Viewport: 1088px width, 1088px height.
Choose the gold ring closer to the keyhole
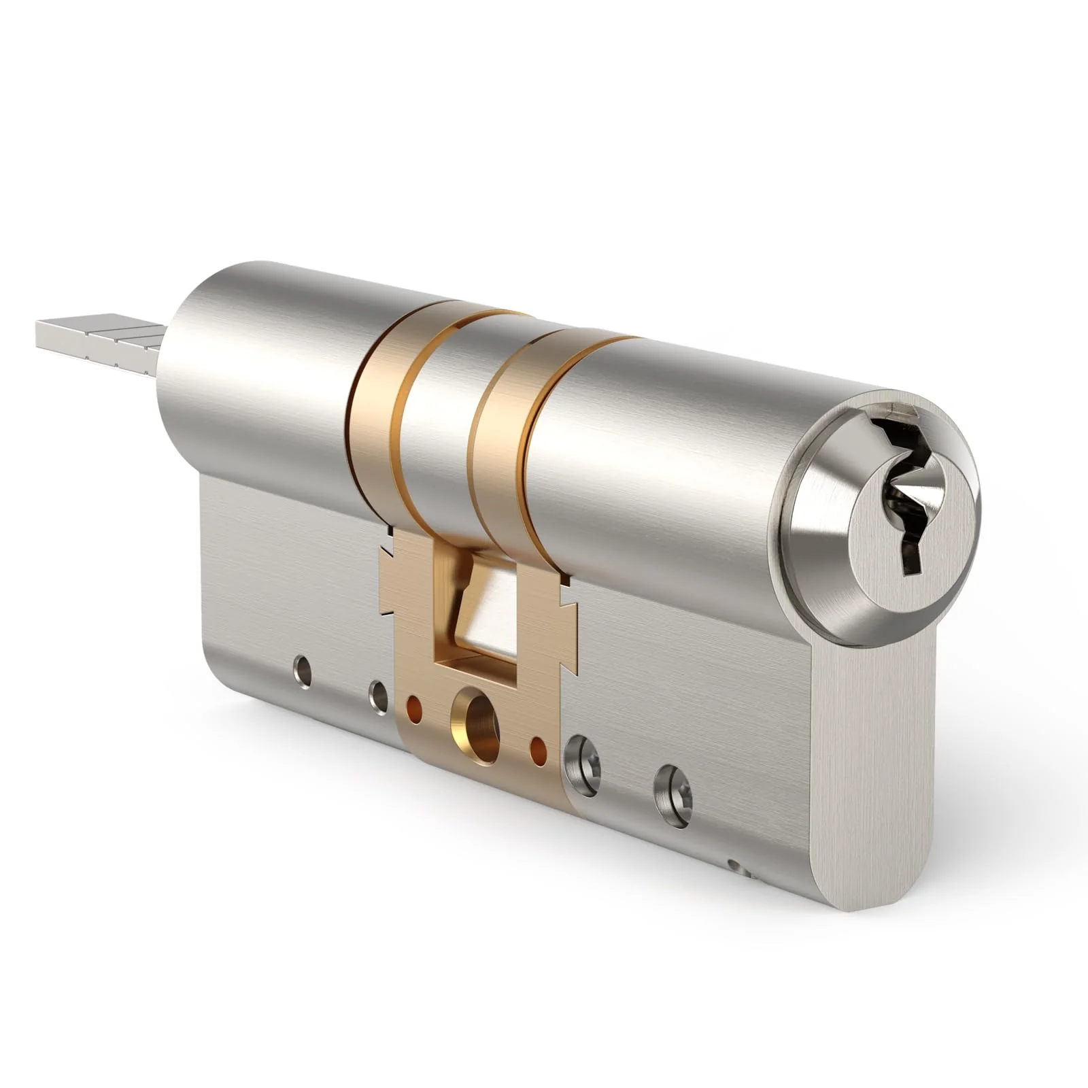pos(500,449)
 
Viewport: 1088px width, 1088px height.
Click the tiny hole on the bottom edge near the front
pos(733,866)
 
